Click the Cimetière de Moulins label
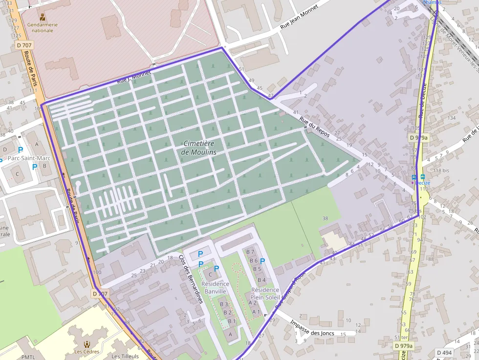coord(198,148)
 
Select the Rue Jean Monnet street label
coord(299,18)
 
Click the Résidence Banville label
coord(215,288)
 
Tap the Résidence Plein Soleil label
coord(264,293)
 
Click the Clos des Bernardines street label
coord(190,279)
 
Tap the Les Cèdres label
coord(87,352)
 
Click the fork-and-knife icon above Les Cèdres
coord(87,344)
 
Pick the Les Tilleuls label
coord(125,356)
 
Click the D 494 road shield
coord(444,353)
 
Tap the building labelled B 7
coord(251,252)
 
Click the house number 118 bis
coord(441,170)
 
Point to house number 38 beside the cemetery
coord(326,218)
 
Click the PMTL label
coord(28,357)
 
